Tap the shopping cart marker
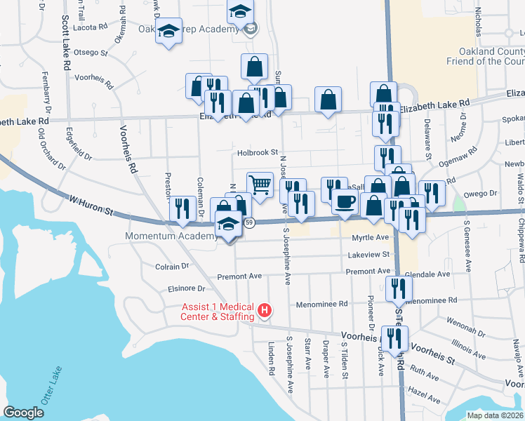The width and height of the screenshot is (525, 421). click(260, 185)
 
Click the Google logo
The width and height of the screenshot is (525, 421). click(23, 412)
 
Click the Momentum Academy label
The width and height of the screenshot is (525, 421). click(171, 236)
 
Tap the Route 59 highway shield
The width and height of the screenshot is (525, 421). click(249, 222)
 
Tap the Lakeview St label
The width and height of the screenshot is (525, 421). click(368, 254)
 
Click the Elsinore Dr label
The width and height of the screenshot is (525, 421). click(186, 288)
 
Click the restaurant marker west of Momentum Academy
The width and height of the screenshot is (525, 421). click(182, 208)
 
